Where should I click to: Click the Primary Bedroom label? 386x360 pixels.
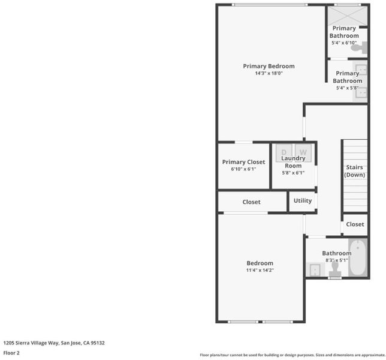point(269,66)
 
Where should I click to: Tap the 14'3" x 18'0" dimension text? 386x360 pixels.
point(269,73)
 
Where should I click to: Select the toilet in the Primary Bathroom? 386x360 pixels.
point(359,47)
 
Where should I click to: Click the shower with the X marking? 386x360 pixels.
point(348,16)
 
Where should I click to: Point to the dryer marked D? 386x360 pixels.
point(284,153)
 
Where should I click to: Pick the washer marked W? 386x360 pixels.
point(303,153)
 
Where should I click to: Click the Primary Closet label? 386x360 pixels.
point(243,162)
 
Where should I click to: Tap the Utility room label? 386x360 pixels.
point(303,200)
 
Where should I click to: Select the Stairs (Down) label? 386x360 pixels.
point(354,171)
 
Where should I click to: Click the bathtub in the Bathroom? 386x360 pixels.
point(358,257)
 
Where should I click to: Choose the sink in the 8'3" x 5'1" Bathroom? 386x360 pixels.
point(315,269)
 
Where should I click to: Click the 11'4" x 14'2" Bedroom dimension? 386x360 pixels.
point(260,270)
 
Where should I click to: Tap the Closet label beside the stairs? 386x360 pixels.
point(355,224)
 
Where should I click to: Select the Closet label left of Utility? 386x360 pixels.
point(251,202)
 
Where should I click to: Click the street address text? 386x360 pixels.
point(54,343)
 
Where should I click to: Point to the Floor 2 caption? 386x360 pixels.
point(11,353)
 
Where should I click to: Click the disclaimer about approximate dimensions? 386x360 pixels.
point(292,355)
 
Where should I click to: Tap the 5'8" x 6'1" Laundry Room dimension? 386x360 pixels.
point(293,173)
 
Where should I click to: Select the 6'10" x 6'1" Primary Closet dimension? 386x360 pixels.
point(243,169)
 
